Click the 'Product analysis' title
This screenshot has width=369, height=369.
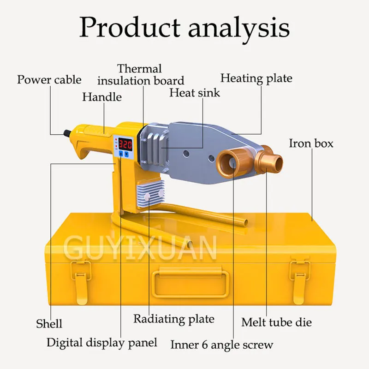tap(184, 27)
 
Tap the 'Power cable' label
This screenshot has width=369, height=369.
tap(49, 79)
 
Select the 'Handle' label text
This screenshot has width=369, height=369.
tap(102, 97)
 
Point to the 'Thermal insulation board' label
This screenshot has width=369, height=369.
tap(140, 75)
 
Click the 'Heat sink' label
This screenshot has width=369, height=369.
tap(195, 92)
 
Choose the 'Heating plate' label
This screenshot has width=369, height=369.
tap(256, 78)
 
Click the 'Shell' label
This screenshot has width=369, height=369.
tap(49, 323)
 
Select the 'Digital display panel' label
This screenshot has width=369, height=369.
tap(102, 342)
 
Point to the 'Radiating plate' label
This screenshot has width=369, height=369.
tap(174, 319)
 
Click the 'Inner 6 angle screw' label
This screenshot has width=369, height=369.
tap(222, 344)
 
